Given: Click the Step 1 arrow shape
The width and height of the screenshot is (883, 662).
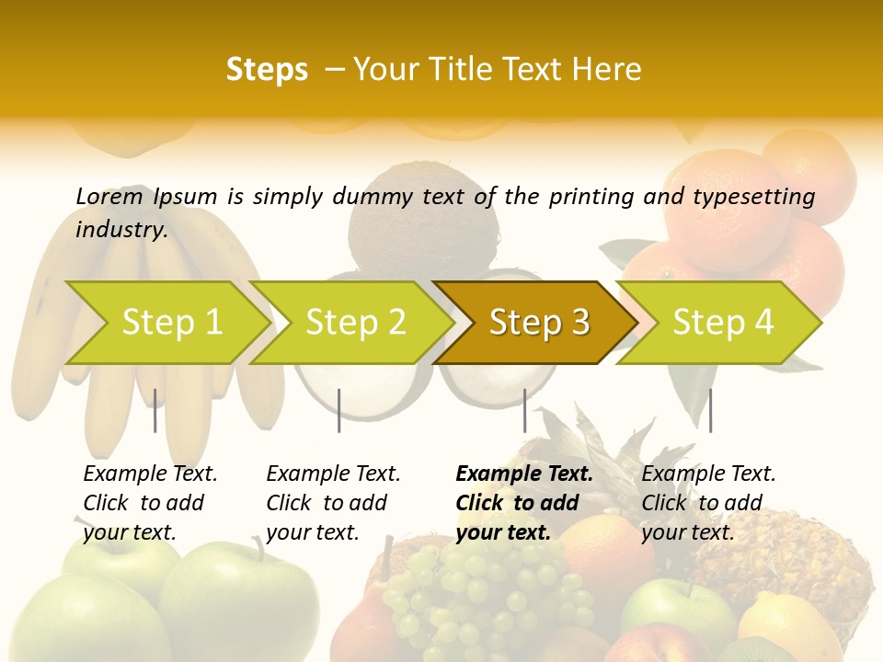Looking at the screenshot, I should coord(170,323).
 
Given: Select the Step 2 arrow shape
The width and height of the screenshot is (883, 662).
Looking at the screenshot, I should coord(354,323).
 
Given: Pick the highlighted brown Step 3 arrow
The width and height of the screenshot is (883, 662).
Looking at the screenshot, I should coord(538,323).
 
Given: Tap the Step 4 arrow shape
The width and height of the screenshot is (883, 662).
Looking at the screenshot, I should coord(722,323).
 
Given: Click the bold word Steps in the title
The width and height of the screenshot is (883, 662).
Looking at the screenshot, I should coord(267,70).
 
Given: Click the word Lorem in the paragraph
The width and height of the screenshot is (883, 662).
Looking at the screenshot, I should coord(109,196).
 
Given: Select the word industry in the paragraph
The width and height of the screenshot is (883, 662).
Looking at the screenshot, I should coord(120,229).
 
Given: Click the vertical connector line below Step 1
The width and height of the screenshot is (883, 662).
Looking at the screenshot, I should coord(155,410).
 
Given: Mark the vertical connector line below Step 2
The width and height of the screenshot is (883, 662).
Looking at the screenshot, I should coord(339,410).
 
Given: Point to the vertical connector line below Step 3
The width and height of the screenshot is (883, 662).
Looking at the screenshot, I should coord(524,410).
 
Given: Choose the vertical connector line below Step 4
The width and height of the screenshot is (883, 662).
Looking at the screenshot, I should coord(710,410).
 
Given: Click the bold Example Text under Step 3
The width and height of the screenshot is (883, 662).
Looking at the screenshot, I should coord(524,474).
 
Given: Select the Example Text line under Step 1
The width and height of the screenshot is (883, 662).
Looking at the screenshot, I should coord(150,474).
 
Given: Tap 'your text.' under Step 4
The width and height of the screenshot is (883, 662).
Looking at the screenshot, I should coord(687,532).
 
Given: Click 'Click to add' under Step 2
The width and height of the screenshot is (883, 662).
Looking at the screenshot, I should coord(327,503).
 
